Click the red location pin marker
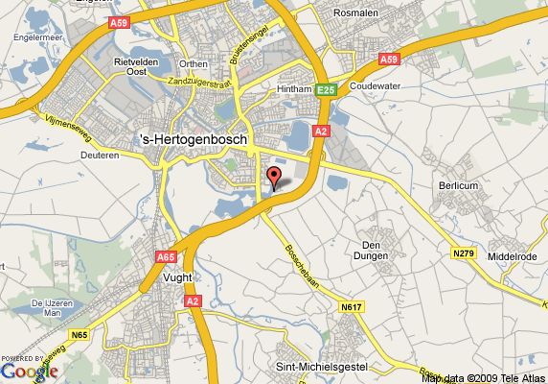pos(273,177)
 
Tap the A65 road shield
pos(166,257)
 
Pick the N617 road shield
pos(352,308)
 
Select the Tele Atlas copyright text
pos(483,377)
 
